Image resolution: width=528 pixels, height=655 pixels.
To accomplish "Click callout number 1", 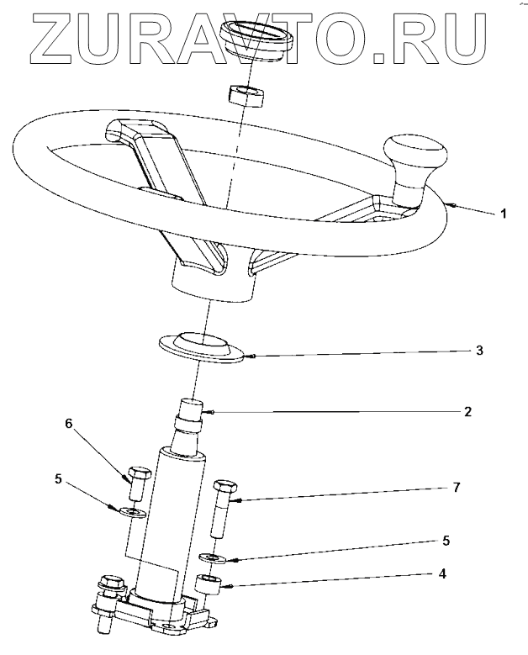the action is pyautogui.click(x=504, y=214).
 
